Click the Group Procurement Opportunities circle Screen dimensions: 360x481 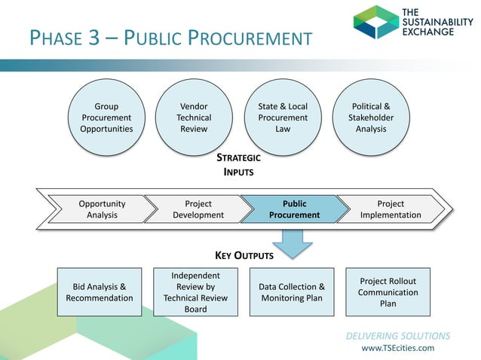pyautogui.click(x=106, y=118)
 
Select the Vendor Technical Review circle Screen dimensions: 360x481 pyautogui.click(x=194, y=118)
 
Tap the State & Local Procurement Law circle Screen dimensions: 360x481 pyautogui.click(x=283, y=118)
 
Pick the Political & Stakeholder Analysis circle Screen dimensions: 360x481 pyautogui.click(x=370, y=118)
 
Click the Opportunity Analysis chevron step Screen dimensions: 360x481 pyautogui.click(x=102, y=209)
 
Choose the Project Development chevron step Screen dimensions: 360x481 pyautogui.click(x=198, y=209)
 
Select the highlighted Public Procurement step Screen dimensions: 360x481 pyautogui.click(x=294, y=209)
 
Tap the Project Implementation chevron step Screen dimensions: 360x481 pyautogui.click(x=391, y=209)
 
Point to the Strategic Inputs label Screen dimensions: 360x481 pyautogui.click(x=238, y=165)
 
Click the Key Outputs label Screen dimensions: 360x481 pyautogui.click(x=239, y=256)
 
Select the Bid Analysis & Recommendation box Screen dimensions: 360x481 pyautogui.click(x=100, y=292)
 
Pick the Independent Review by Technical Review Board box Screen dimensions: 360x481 pyautogui.click(x=195, y=292)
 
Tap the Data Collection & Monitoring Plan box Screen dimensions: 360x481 pyautogui.click(x=292, y=292)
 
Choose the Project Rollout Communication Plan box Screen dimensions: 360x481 pyautogui.click(x=388, y=292)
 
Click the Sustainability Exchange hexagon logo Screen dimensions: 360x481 pyautogui.click(x=376, y=22)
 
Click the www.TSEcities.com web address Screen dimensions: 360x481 pyautogui.click(x=397, y=348)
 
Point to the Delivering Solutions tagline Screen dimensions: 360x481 pyautogui.click(x=398, y=336)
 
